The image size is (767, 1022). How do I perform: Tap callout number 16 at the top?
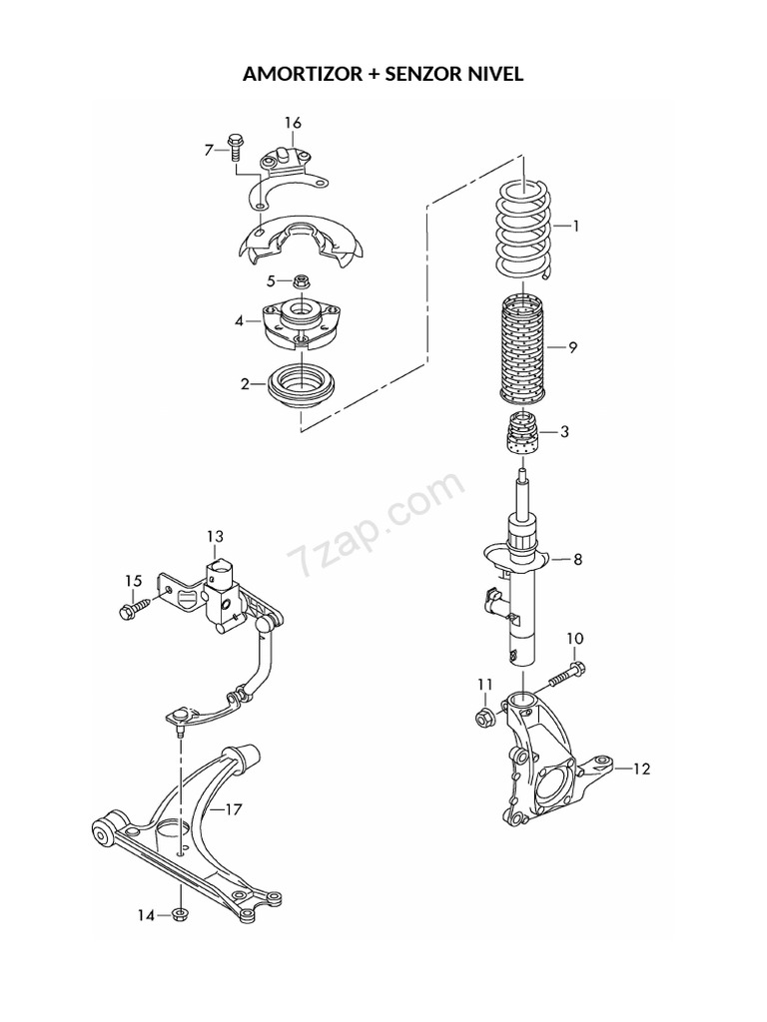[x=292, y=123]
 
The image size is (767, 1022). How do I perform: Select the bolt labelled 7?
[x=236, y=147]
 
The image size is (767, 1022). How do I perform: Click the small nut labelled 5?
[x=301, y=281]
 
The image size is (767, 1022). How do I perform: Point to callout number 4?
[x=240, y=320]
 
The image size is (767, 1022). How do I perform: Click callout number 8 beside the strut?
[x=576, y=560]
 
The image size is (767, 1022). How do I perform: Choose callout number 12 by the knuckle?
[x=640, y=768]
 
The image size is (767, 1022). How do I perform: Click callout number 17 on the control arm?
[x=232, y=809]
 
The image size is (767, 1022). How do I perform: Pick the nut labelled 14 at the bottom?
[x=180, y=914]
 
